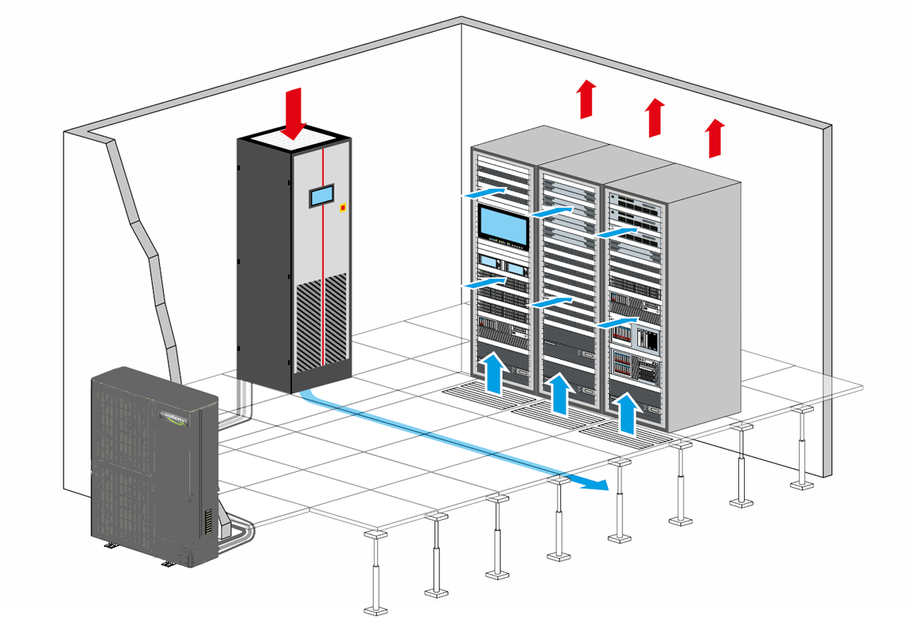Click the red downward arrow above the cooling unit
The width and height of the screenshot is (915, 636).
click(294, 111)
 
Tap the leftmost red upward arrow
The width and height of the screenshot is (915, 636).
click(586, 99)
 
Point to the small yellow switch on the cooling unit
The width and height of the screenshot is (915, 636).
click(343, 209)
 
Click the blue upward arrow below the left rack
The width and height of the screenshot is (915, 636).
click(494, 374)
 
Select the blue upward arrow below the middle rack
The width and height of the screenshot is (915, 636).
click(560, 393)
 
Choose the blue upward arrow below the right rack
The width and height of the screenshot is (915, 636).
click(628, 413)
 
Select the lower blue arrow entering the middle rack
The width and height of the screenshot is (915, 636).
click(551, 302)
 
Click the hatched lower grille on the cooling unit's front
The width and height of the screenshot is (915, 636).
click(321, 322)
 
